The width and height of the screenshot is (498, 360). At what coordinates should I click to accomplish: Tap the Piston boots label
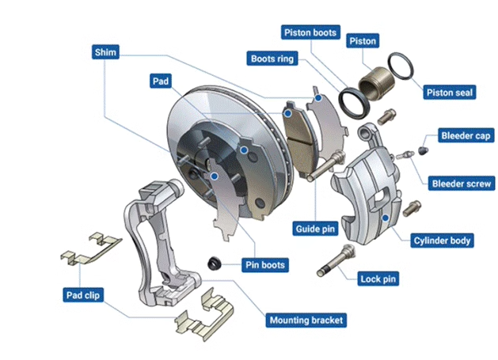point(310,32)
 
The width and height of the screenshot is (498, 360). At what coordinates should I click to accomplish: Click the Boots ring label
point(273,59)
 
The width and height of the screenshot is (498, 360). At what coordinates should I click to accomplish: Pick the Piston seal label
point(449,92)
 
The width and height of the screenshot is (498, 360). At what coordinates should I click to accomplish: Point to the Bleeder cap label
point(465,135)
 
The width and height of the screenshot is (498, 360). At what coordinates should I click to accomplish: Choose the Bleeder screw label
point(460,183)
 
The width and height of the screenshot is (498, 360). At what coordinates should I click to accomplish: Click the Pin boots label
point(264,264)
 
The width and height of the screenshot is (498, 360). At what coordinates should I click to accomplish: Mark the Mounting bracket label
point(306,320)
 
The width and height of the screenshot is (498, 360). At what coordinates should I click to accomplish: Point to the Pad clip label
point(85,295)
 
